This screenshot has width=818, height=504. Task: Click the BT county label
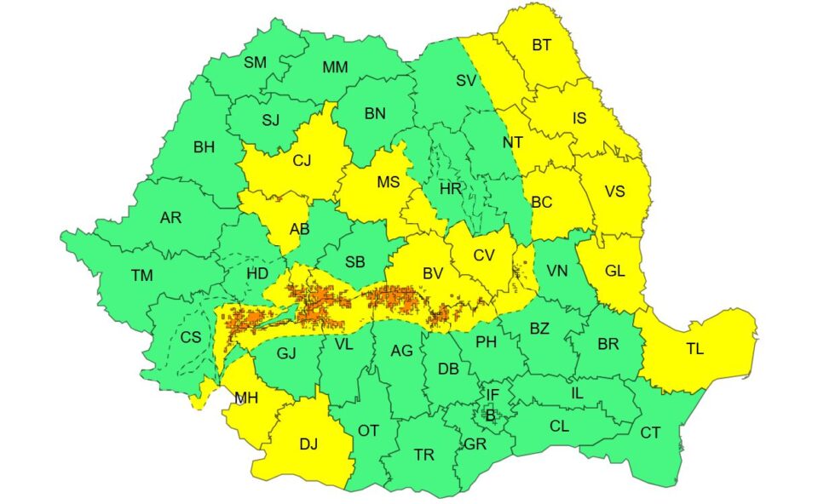(541, 45)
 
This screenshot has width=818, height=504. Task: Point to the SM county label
(255, 62)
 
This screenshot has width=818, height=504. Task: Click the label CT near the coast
(650, 432)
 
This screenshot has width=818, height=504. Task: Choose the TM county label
(141, 275)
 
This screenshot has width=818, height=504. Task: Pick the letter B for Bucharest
(490, 415)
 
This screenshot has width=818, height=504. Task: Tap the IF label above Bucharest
(493, 394)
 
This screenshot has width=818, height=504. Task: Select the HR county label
(450, 189)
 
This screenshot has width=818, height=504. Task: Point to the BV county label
(432, 274)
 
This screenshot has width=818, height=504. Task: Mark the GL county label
(615, 271)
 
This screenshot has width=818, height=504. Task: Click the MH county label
(247, 398)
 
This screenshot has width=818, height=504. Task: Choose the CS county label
(190, 337)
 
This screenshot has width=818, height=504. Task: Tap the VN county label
(556, 272)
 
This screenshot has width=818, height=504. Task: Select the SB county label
(355, 262)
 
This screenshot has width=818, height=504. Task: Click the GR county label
(475, 444)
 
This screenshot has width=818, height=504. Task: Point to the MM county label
(335, 67)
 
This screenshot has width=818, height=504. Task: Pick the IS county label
(579, 118)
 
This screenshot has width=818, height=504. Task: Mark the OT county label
(368, 431)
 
